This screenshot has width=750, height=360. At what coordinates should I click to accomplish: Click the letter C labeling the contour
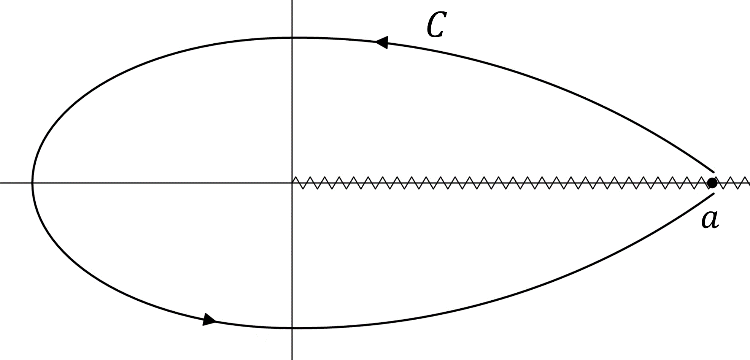[x=436, y=25]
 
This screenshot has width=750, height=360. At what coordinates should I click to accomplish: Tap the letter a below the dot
[x=710, y=220]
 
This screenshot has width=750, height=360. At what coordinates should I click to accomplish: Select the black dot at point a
[x=712, y=183]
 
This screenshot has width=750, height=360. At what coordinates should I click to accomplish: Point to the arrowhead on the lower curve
[x=209, y=319]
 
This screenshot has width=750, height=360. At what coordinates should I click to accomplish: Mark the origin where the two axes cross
[x=292, y=183]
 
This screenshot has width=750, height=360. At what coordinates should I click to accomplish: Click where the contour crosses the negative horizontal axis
[x=32, y=183]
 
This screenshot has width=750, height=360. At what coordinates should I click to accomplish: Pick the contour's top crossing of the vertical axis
[x=292, y=38]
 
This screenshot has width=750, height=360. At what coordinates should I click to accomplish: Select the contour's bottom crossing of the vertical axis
[x=292, y=328]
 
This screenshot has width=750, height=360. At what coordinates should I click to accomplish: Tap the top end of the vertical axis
[x=292, y=1]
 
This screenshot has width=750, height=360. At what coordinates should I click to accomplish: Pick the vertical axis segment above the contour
[x=292, y=19]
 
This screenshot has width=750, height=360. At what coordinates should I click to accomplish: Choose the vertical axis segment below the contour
[x=292, y=344]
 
